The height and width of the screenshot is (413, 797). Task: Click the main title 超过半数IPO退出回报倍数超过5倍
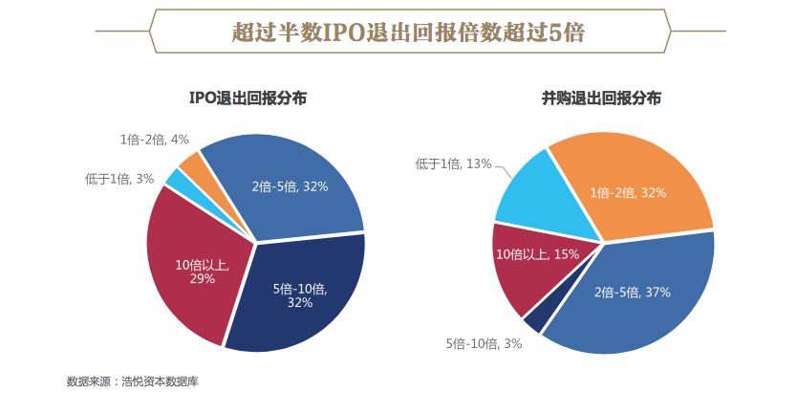point(408,32)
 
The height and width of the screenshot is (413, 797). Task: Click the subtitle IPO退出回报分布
point(248,98)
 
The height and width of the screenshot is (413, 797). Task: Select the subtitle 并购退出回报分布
point(601,98)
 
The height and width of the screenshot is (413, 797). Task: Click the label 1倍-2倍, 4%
point(155,140)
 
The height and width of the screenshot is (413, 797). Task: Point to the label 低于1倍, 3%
point(119,179)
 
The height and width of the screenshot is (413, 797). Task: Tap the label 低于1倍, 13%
point(453,163)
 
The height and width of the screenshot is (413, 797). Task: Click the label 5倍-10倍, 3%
point(484,344)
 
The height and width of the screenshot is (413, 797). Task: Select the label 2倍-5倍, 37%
point(633,292)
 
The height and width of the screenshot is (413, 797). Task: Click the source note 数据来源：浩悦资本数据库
point(132,381)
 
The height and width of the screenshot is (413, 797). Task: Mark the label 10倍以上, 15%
point(538,253)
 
